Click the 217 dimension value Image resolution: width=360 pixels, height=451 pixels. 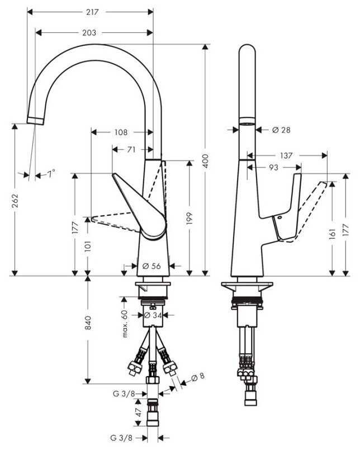coord(92,12)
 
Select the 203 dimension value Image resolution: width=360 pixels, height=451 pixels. coord(89,33)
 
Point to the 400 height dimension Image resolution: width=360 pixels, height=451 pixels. coord(205,162)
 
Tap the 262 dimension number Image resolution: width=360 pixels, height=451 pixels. coord(15,201)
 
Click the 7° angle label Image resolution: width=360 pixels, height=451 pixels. coord(51,174)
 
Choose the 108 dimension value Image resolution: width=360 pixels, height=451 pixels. coord(121,132)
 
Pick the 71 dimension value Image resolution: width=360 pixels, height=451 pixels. coord(131,150)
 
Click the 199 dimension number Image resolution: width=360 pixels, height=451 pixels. coord(189,219)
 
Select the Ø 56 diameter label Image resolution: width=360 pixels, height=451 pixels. coord(151,266)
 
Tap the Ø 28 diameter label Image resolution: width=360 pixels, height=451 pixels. coord(281,130)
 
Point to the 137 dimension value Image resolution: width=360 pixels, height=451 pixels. coord(286,155)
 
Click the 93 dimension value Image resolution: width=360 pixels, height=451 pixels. coord(274,167)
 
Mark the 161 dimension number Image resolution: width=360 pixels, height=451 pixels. coord(333,234)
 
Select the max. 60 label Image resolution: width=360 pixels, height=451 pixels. coord(125,324)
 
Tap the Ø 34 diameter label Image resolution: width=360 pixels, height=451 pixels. coord(153,315)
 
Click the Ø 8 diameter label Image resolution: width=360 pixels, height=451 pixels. coord(198,376)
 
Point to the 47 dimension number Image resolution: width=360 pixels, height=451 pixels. coord(139,412)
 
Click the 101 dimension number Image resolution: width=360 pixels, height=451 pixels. coord(88,247)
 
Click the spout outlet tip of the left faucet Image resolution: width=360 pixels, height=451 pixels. coord(36,121)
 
